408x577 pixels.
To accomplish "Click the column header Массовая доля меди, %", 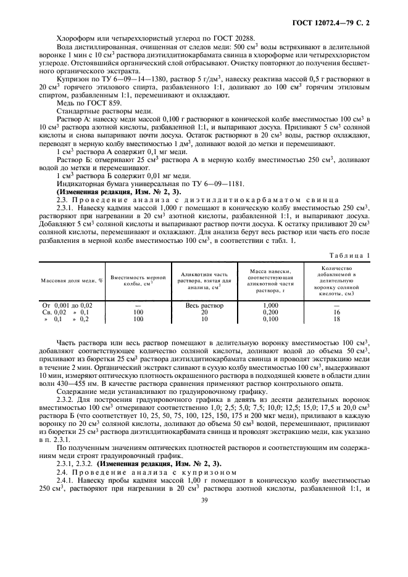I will (x=72, y=280).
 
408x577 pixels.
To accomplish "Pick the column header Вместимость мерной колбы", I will (x=138, y=280).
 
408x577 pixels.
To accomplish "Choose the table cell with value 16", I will (x=336, y=313).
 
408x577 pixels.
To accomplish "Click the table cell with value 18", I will (x=336, y=320).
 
